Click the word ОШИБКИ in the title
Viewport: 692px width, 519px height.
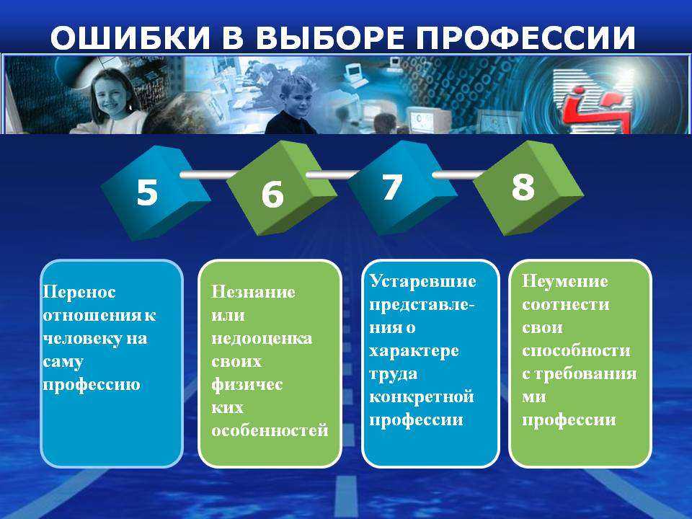point(130,37)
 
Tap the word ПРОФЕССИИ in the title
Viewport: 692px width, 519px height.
point(525,37)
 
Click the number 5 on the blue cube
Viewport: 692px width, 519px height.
point(147,192)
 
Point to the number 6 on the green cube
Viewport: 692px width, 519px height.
point(272,194)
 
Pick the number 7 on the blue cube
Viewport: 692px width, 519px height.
point(392,187)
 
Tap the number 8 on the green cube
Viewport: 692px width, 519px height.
point(523,186)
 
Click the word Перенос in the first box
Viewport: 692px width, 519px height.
point(79,292)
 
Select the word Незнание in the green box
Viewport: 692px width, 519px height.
point(253,292)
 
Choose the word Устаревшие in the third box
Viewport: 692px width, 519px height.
point(423,281)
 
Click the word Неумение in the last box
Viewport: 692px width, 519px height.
point(565,281)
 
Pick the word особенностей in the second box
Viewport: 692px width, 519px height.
point(270,430)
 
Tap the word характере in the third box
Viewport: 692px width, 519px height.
point(414,351)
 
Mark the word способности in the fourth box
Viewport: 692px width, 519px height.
point(577,350)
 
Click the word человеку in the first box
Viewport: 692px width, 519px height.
point(82,339)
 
